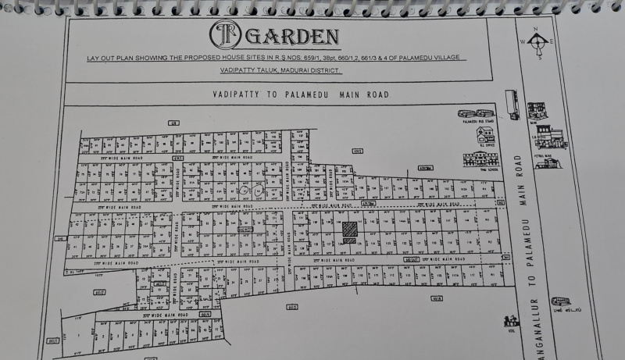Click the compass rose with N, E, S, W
tap(537, 44)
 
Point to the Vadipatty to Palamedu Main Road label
tap(301, 94)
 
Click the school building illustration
tap(480, 159)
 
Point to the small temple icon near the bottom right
tap(512, 320)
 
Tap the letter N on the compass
tap(537, 30)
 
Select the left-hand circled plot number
tap(245, 190)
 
